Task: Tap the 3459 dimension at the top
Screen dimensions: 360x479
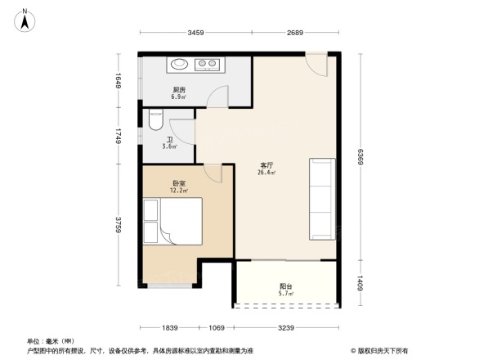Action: tap(195, 33)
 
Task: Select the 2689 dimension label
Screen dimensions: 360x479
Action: tap(295, 33)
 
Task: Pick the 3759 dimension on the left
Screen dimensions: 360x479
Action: tap(119, 224)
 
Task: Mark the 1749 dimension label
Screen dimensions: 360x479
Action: tap(119, 136)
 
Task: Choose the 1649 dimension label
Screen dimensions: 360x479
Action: tap(119, 82)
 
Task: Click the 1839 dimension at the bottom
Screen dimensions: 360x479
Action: tap(169, 327)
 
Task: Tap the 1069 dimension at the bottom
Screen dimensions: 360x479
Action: tap(216, 327)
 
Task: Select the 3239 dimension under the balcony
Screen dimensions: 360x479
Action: tap(286, 327)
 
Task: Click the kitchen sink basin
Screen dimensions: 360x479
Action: tap(179, 63)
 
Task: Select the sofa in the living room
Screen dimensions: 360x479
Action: tap(321, 198)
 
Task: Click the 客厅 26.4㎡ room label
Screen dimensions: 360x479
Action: tap(266, 169)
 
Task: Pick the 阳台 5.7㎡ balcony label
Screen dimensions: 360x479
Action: tap(285, 290)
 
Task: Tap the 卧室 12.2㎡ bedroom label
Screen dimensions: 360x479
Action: tap(178, 187)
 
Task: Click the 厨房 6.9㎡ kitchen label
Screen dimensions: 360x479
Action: tap(177, 93)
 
